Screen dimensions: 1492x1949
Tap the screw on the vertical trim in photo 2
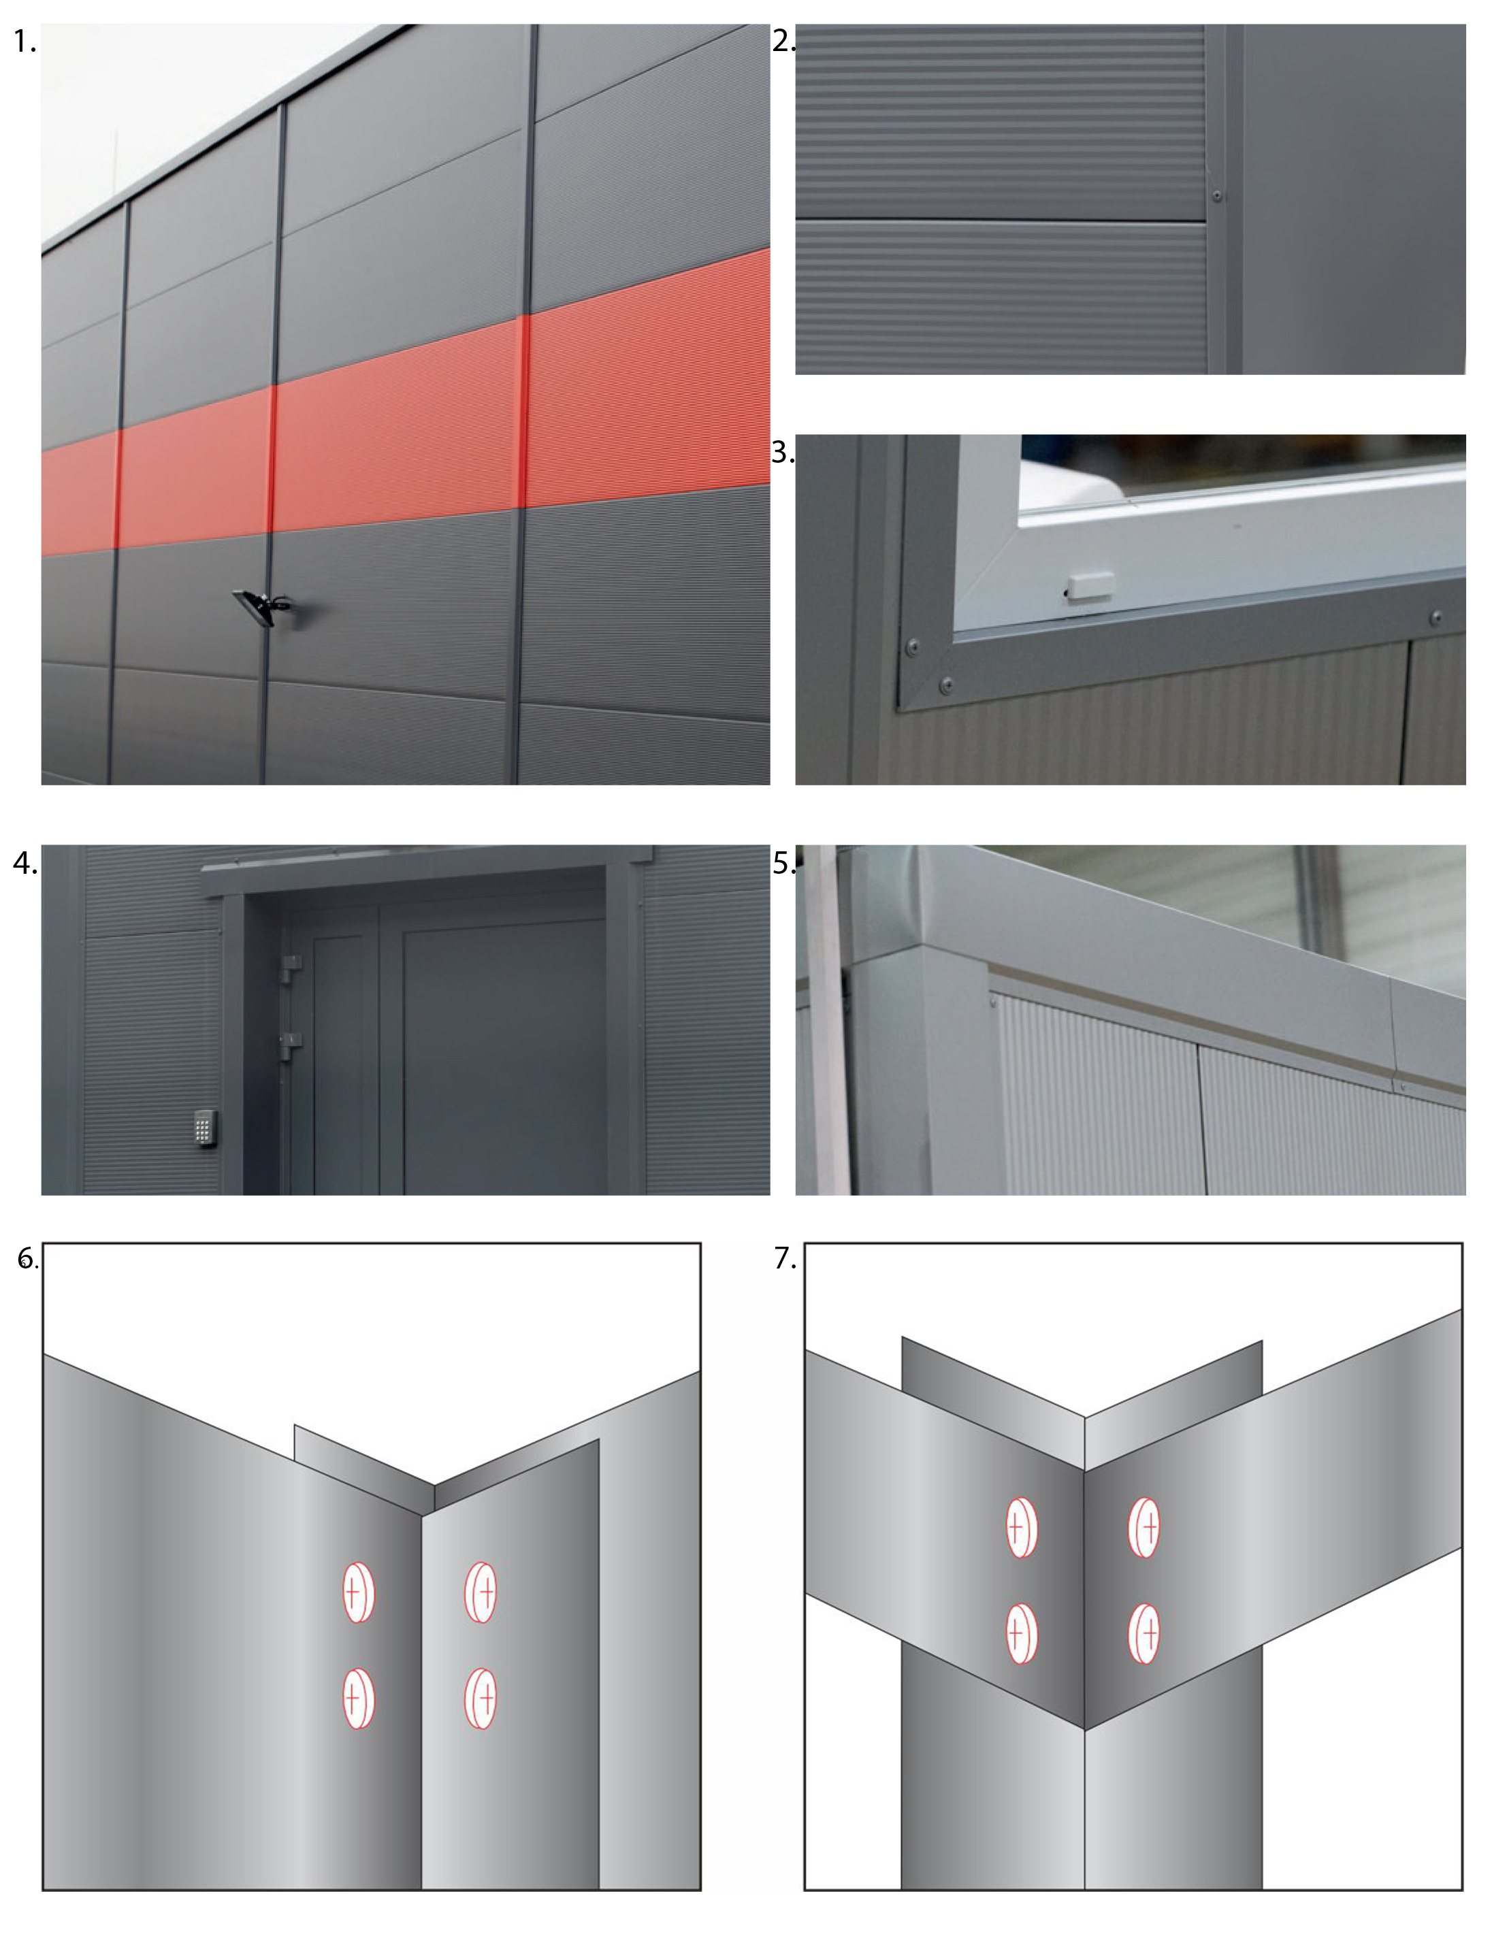(x=1218, y=195)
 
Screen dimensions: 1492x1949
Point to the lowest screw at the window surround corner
(x=946, y=685)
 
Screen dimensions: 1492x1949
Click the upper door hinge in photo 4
(x=289, y=967)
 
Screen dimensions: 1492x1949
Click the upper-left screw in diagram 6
(x=359, y=1593)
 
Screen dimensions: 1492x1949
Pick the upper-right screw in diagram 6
(x=481, y=1593)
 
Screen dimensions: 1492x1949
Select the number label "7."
(x=785, y=1258)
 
